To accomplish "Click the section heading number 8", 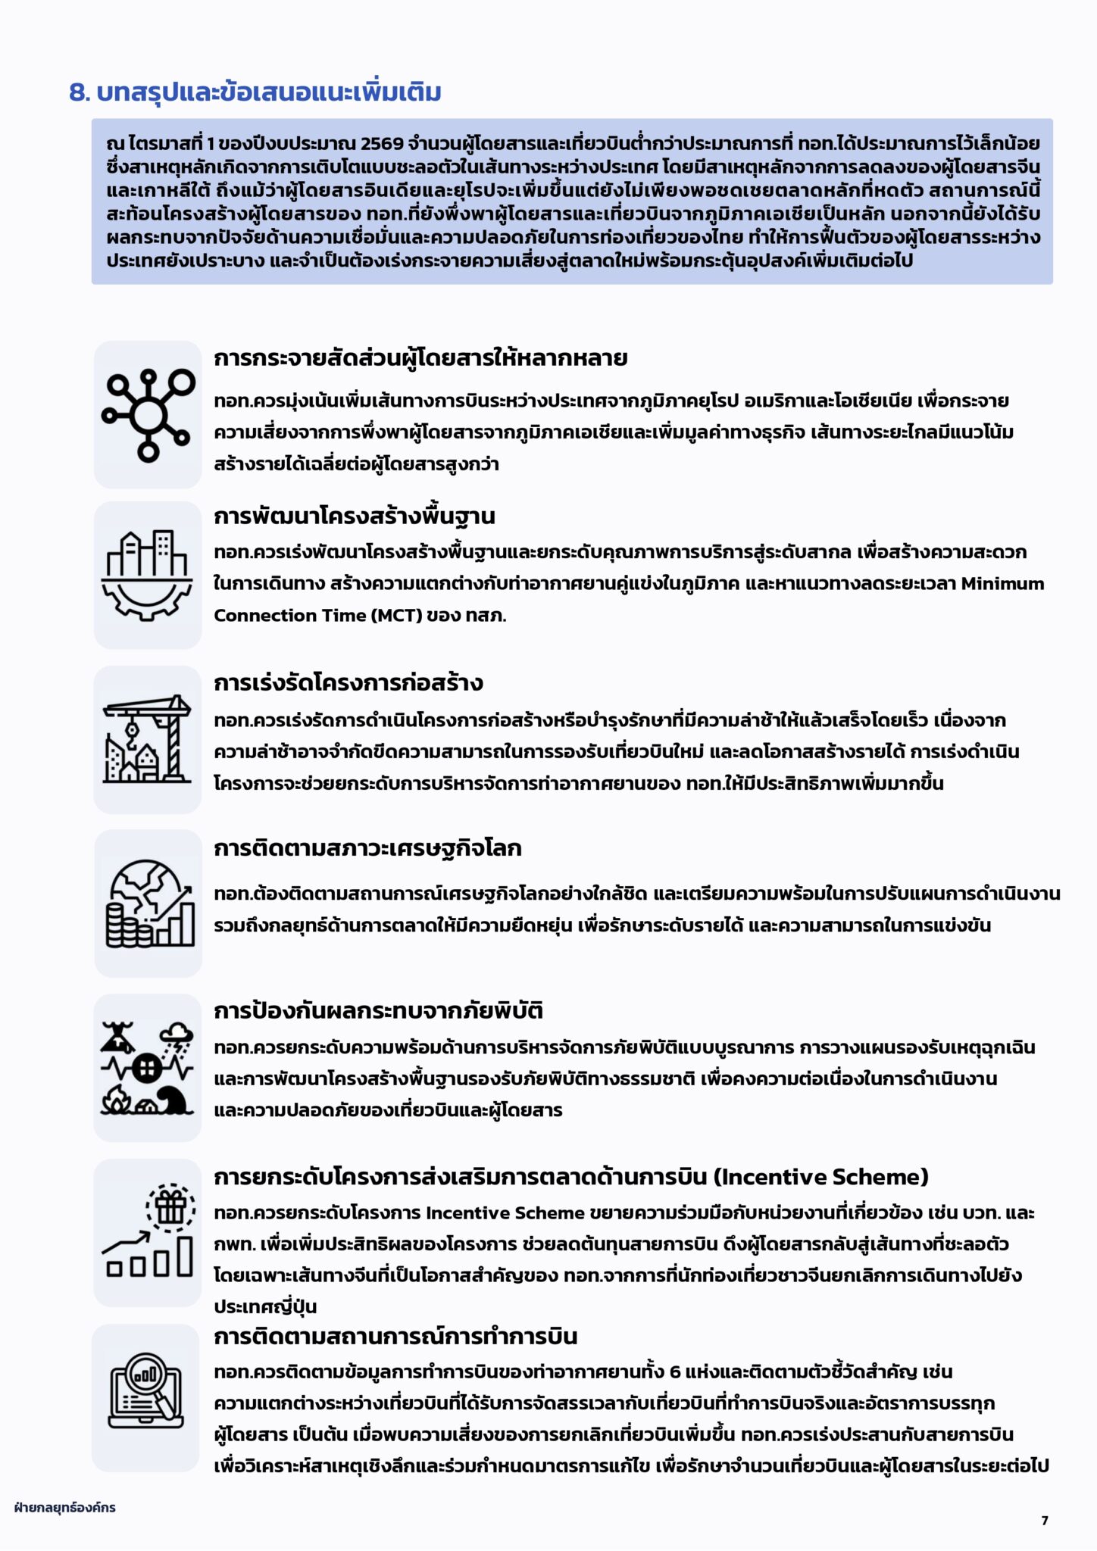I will [80, 92].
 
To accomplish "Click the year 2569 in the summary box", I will [382, 144].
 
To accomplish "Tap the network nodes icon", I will [148, 414].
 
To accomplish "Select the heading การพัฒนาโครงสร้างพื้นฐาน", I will [354, 516].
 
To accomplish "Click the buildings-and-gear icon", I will [148, 576].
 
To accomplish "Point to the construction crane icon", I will [148, 739].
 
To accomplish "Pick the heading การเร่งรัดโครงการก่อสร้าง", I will [348, 683].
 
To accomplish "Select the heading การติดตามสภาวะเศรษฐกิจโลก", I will [367, 848].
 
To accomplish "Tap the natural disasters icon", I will [148, 1068].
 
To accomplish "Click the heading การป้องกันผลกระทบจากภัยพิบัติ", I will [378, 1011].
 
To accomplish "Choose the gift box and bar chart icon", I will [148, 1231].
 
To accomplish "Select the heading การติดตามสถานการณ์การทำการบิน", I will [395, 1337].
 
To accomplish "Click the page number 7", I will [1045, 1520].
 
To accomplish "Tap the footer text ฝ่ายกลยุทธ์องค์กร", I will [64, 1508].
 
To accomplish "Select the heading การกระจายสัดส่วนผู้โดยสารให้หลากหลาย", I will [420, 358].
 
